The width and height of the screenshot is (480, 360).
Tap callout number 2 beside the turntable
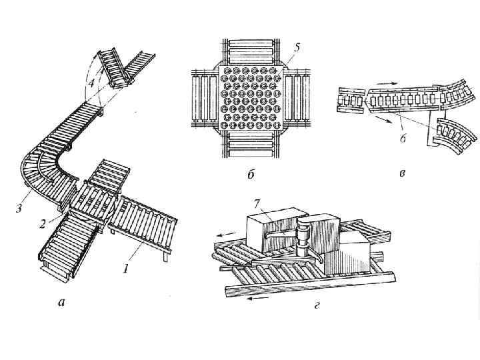coord(41,224)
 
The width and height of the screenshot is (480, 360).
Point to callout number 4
coord(91,85)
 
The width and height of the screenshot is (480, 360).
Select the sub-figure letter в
coord(402,175)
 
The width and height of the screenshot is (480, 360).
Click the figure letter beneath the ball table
coord(251,175)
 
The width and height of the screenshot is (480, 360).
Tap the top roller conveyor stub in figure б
coord(251,51)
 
